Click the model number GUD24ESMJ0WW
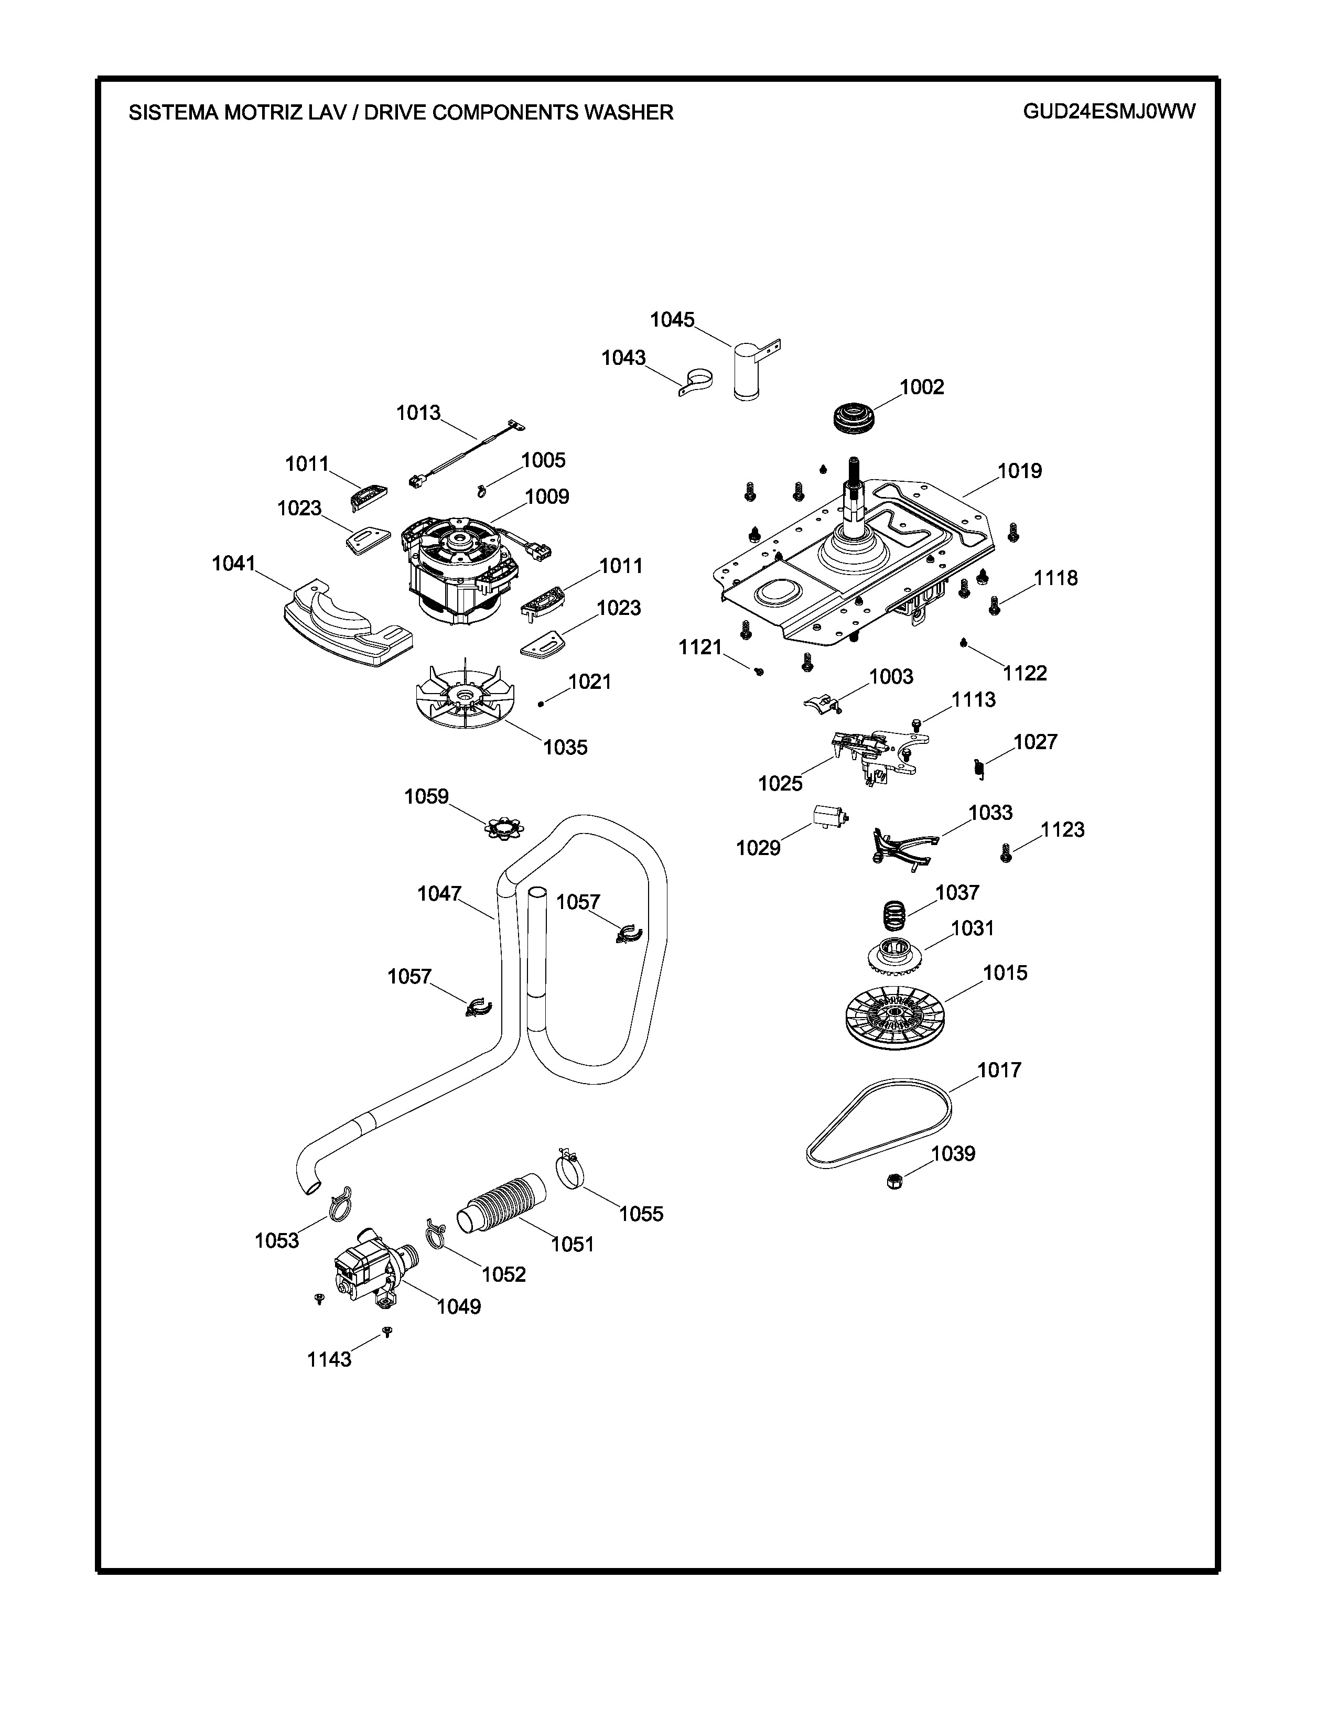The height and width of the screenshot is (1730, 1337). click(1109, 112)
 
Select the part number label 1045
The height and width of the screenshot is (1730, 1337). click(672, 320)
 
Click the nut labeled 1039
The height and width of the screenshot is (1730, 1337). click(895, 1182)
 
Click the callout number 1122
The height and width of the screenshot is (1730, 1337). click(1024, 673)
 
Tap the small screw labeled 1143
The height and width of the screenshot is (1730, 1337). click(387, 1332)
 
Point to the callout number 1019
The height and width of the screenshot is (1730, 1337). click(1019, 471)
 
